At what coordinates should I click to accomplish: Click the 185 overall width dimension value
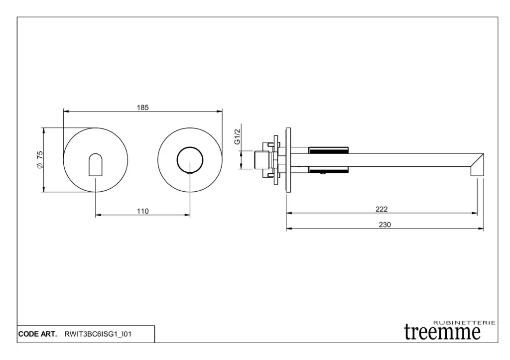143,107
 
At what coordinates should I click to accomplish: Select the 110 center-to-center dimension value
143,211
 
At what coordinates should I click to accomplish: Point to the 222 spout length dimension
382,209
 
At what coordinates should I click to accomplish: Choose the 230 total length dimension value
385,225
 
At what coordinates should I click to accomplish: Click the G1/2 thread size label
238,136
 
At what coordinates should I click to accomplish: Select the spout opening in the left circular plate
95,164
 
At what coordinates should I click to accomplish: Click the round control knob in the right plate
190,160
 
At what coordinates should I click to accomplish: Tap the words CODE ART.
37,334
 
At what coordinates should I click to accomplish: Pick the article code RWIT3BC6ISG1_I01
98,334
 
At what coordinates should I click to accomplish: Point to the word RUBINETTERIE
465,323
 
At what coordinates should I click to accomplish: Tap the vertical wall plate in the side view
287,159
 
